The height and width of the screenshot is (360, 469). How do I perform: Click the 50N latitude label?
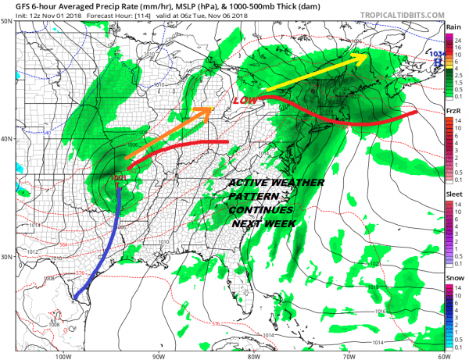pyautogui.click(x=7, y=22)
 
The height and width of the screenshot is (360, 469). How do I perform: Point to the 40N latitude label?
pyautogui.click(x=7, y=139)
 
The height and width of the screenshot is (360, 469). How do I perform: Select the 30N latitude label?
pyautogui.click(x=7, y=257)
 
